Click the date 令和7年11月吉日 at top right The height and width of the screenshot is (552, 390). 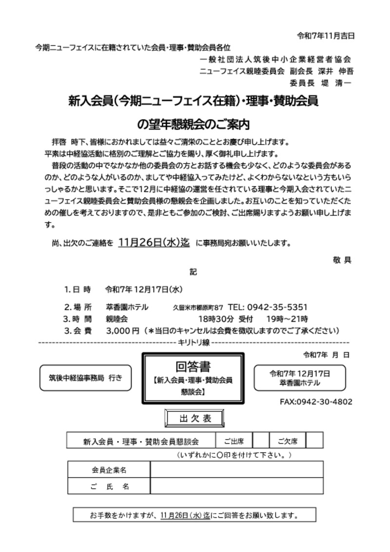(x=325, y=36)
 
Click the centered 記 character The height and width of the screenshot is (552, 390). (x=194, y=272)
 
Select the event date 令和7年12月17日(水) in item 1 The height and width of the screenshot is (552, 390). (x=144, y=289)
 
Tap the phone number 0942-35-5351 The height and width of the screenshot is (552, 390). (x=277, y=307)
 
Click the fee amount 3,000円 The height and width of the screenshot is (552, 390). (x=122, y=331)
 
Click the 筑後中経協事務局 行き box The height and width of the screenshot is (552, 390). (x=85, y=378)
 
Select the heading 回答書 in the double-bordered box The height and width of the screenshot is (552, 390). (x=193, y=366)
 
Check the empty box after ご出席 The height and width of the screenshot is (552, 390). (x=261, y=441)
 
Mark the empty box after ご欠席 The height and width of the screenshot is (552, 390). (x=315, y=441)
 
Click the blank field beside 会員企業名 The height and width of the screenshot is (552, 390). (x=236, y=470)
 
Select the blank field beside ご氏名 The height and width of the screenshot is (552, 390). (x=236, y=486)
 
